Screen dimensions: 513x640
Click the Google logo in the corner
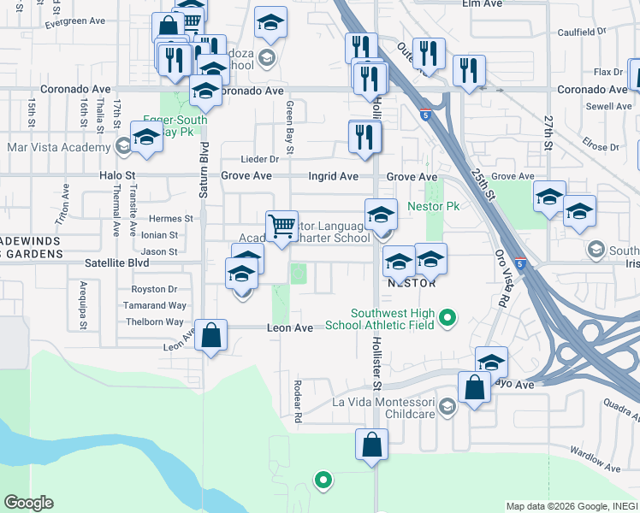(29, 503)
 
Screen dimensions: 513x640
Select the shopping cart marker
(281, 227)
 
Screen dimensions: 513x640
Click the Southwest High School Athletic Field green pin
(446, 320)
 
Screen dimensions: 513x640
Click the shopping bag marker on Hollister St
(371, 445)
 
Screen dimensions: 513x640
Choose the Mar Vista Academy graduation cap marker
(147, 138)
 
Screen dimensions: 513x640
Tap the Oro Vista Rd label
(501, 279)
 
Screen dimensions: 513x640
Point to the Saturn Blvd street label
(204, 175)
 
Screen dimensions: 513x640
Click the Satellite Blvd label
(116, 264)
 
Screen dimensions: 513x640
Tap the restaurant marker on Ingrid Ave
(365, 137)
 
